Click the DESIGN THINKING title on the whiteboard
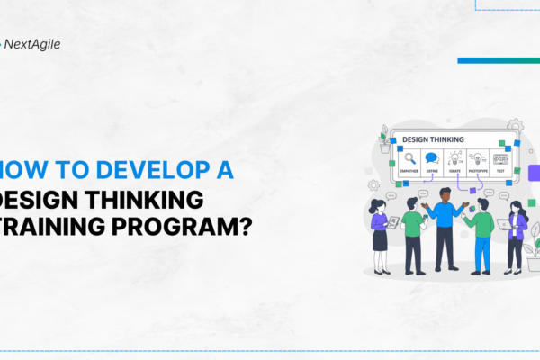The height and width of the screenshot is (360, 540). click(433, 139)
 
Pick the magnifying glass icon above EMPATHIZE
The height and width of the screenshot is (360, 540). click(409, 158)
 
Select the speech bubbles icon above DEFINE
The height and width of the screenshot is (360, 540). click(432, 158)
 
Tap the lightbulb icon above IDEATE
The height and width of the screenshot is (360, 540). click(455, 158)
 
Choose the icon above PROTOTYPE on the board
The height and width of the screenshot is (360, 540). click(478, 158)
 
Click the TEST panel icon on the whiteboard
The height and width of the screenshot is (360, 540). click(501, 158)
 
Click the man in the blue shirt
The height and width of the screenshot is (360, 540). click(445, 225)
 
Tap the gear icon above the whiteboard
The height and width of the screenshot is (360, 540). click(515, 125)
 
